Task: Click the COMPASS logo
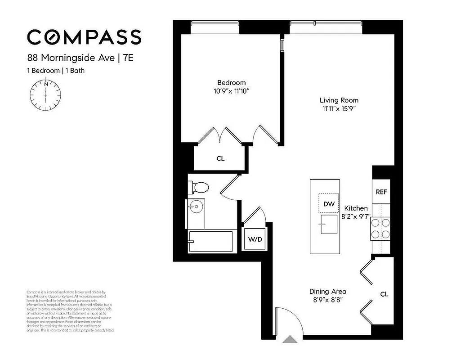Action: pyautogui.click(x=84, y=37)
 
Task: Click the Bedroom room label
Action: pyautogui.click(x=231, y=82)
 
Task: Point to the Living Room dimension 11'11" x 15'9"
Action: pyautogui.click(x=339, y=109)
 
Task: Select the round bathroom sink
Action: pyautogui.click(x=196, y=207)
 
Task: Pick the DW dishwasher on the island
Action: pyautogui.click(x=329, y=204)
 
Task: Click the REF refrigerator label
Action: pyautogui.click(x=381, y=192)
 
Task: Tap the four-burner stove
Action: pyautogui.click(x=380, y=228)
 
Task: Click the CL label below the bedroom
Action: pyautogui.click(x=220, y=158)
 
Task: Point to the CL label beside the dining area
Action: pyautogui.click(x=384, y=294)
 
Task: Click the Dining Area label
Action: pyautogui.click(x=327, y=291)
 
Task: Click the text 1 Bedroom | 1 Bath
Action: pyautogui.click(x=55, y=70)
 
